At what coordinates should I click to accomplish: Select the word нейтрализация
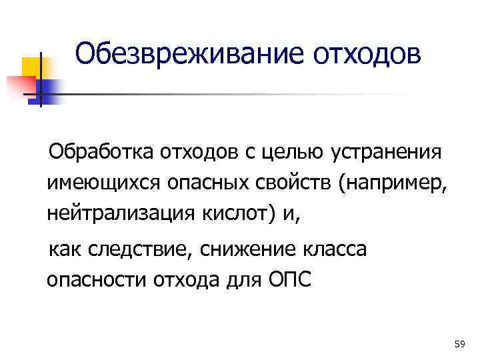[119, 213]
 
